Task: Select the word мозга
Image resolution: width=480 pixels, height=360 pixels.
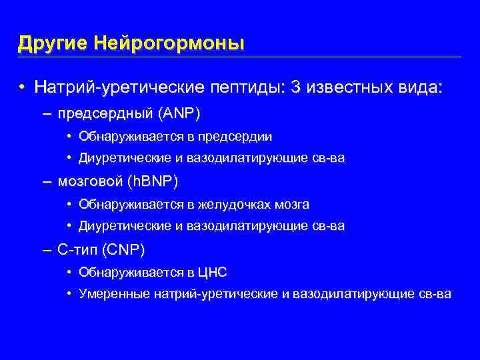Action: [x=294, y=204]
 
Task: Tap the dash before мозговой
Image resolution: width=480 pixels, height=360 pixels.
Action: [x=46, y=181]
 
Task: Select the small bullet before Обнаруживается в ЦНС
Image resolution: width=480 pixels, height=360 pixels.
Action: [x=70, y=272]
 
